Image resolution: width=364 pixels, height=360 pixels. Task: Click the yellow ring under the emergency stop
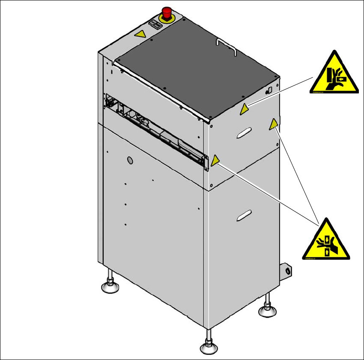pyautogui.click(x=166, y=18)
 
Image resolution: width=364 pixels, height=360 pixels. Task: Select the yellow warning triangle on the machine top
pyautogui.click(x=140, y=34)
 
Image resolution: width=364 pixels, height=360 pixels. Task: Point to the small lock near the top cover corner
pyautogui.click(x=269, y=90)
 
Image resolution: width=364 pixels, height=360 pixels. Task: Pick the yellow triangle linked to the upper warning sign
pyautogui.click(x=244, y=109)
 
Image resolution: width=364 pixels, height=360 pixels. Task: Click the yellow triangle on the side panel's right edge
pyautogui.click(x=273, y=125)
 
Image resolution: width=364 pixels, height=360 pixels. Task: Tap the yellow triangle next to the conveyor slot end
pyautogui.click(x=215, y=161)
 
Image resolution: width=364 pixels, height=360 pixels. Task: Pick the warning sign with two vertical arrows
pyautogui.click(x=326, y=241)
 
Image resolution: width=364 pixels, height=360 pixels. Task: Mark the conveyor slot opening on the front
pyautogui.click(x=154, y=129)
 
